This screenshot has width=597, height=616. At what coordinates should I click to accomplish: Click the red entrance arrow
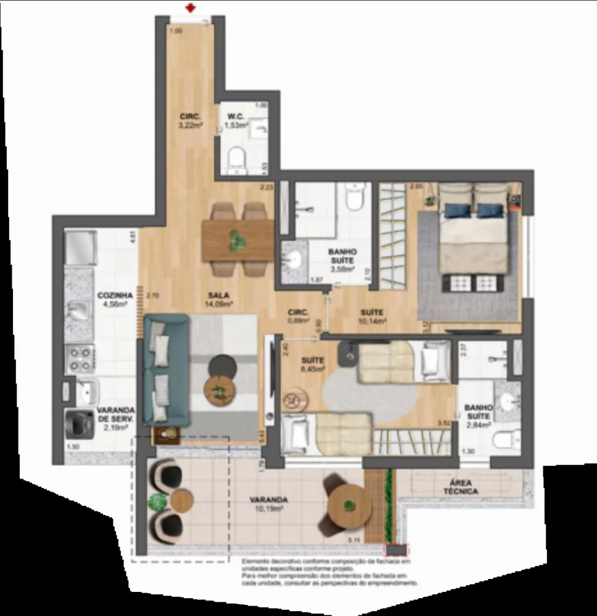pyautogui.click(x=192, y=9)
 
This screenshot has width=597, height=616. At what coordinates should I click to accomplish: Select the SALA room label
pyautogui.click(x=218, y=299)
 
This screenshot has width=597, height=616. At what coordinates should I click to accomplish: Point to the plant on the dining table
pyautogui.click(x=235, y=239)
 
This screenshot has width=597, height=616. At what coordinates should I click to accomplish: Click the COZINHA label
pyautogui.click(x=112, y=299)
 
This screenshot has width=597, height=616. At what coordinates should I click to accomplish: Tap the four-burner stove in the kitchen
pyautogui.click(x=79, y=359)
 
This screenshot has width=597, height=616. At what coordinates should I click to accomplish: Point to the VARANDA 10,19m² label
pyautogui.click(x=266, y=505)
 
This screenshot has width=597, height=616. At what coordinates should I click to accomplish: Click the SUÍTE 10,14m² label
pyautogui.click(x=373, y=316)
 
